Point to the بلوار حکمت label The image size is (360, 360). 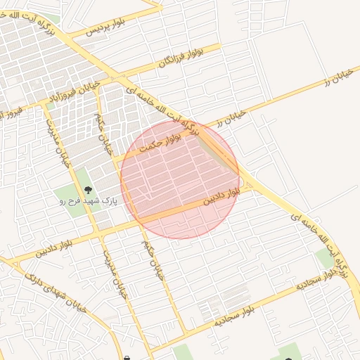click(x=161, y=143)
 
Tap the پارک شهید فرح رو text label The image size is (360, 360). click(x=87, y=200)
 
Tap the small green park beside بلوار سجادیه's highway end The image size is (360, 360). click(x=326, y=257)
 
